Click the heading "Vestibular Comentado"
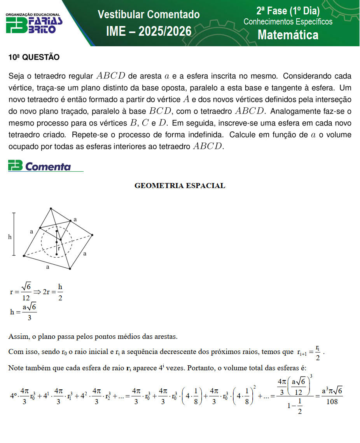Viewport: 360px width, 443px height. click(x=149, y=15)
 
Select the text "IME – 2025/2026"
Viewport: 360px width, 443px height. click(x=149, y=31)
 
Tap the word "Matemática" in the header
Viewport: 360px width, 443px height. click(x=288, y=35)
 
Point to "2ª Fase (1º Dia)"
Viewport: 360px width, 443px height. click(x=288, y=10)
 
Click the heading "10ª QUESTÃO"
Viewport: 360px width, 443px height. click(x=34, y=58)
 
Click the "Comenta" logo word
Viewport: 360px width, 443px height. click(x=48, y=167)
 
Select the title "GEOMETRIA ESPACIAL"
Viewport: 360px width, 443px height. click(x=180, y=186)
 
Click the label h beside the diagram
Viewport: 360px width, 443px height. click(x=10, y=237)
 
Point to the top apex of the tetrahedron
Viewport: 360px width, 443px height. click(x=51, y=209)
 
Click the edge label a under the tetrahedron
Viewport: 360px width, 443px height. click(x=48, y=267)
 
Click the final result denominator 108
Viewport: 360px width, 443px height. click(x=332, y=402)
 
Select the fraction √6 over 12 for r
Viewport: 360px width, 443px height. click(x=26, y=292)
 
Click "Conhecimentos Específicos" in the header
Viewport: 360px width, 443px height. click(x=288, y=22)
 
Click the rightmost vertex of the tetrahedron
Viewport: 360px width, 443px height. click(x=92, y=235)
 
